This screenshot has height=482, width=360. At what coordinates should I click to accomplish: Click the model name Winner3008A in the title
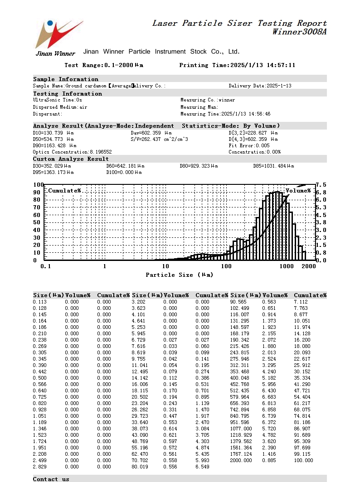click(299, 32)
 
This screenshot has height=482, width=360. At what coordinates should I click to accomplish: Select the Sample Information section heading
click(66, 79)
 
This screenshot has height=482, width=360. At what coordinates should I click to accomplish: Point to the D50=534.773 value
click(54, 139)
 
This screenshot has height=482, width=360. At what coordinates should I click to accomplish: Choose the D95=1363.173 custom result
click(54, 173)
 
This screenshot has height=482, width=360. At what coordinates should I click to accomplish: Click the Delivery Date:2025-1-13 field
click(260, 86)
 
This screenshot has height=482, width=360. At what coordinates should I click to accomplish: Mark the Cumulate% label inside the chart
click(64, 191)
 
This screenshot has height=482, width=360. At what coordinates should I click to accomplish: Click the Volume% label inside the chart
click(298, 191)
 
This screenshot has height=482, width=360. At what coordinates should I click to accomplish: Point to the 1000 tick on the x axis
click(287, 266)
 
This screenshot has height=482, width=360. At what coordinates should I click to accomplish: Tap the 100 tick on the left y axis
click(38, 185)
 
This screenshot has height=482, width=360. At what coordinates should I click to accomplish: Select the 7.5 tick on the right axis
click(321, 185)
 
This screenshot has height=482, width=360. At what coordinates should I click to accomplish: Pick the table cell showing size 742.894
click(240, 410)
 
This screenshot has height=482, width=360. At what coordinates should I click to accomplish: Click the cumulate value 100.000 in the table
click(303, 460)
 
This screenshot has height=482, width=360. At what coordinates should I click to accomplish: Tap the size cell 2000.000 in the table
click(241, 460)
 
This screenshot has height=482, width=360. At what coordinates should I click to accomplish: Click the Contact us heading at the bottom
click(51, 479)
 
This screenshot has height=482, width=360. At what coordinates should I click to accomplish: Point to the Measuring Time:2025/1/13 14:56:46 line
click(225, 114)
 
